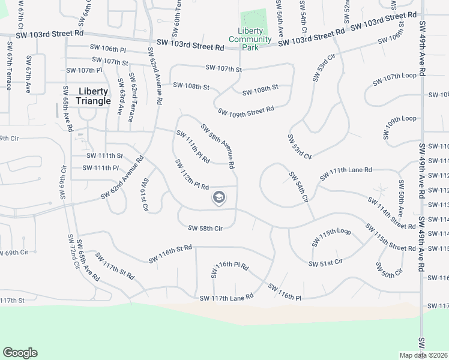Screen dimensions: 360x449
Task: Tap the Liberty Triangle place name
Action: [x=94, y=96]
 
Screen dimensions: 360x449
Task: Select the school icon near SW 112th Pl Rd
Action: [x=219, y=197]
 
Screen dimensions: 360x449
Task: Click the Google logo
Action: [x=20, y=353]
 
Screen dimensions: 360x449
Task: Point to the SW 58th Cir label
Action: [x=205, y=229]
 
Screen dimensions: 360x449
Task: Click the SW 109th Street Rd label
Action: [x=246, y=110]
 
